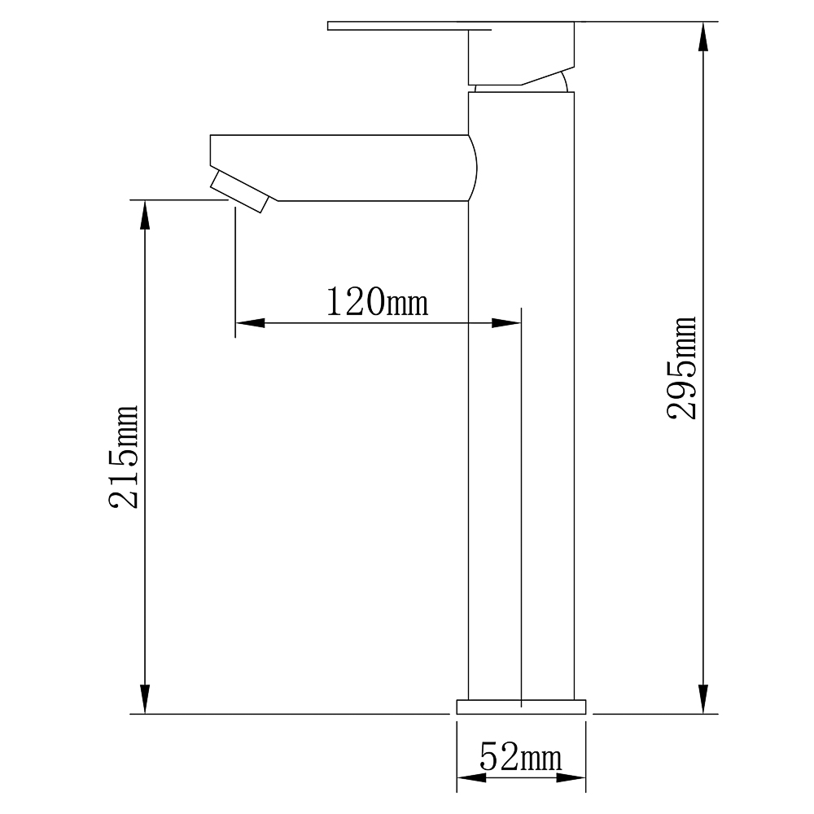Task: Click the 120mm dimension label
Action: pyautogui.click(x=378, y=302)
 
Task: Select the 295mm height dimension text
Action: pyautogui.click(x=681, y=368)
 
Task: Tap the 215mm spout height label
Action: pyautogui.click(x=123, y=457)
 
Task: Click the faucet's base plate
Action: pyautogui.click(x=521, y=707)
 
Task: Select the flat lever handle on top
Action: pyautogui.click(x=409, y=26)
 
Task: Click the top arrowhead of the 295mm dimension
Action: pyautogui.click(x=703, y=37)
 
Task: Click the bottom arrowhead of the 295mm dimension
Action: pyautogui.click(x=703, y=699)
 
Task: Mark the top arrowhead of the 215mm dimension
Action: pyautogui.click(x=146, y=214)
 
